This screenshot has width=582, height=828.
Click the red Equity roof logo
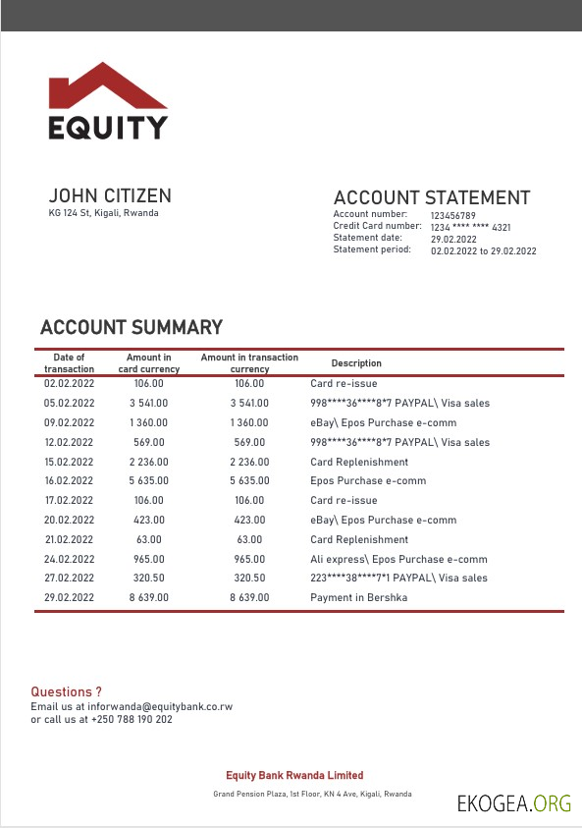pyautogui.click(x=108, y=86)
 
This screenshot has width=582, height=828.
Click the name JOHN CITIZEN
pyautogui.click(x=110, y=196)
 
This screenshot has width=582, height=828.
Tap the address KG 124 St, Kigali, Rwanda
pyautogui.click(x=103, y=214)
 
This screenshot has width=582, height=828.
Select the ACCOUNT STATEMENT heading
pyautogui.click(x=432, y=197)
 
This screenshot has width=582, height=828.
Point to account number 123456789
pyautogui.click(x=453, y=215)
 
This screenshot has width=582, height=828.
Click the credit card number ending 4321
pyautogui.click(x=470, y=227)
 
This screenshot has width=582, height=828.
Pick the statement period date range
pyautogui.click(x=484, y=251)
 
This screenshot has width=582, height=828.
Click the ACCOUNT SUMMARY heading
pyautogui.click(x=132, y=328)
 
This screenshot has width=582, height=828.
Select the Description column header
pyautogui.click(x=356, y=363)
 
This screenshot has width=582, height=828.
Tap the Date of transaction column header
pyautogui.click(x=69, y=363)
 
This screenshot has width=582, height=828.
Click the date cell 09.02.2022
pyautogui.click(x=70, y=422)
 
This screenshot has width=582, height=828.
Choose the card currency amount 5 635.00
pyautogui.click(x=149, y=481)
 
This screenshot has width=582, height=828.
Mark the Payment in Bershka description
pyautogui.click(x=358, y=597)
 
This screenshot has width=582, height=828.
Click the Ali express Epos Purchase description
pyautogui.click(x=398, y=559)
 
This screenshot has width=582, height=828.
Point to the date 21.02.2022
pyautogui.click(x=70, y=539)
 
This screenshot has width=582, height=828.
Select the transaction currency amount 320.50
pyautogui.click(x=249, y=579)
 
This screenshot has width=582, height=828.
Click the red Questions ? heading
pyautogui.click(x=66, y=692)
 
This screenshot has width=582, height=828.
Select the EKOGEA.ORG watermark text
pyautogui.click(x=513, y=803)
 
